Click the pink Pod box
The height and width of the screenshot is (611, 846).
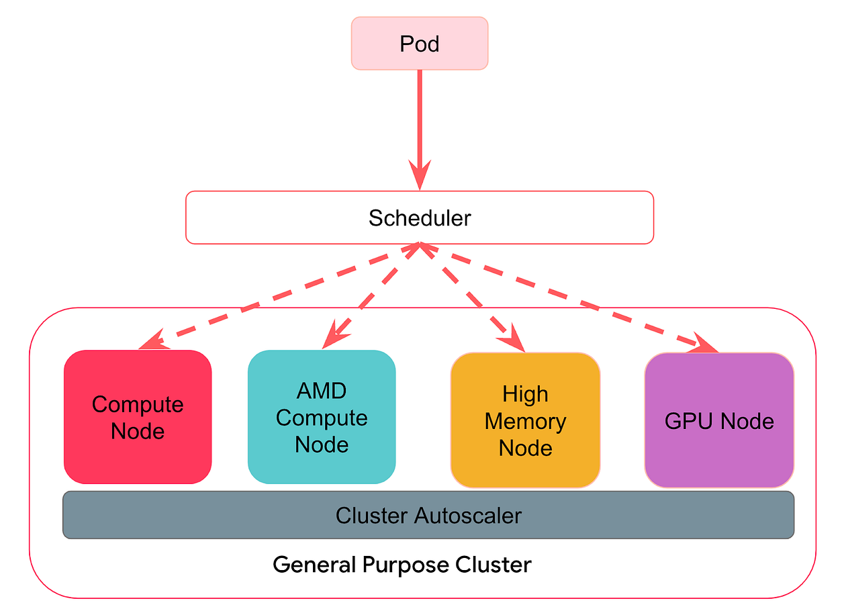coord(420,44)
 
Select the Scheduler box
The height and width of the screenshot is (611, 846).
coord(420,218)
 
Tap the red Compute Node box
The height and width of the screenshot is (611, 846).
coord(138,417)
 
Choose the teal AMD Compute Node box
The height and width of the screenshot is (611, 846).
coord(322,417)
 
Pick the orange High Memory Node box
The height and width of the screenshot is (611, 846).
coord(525,420)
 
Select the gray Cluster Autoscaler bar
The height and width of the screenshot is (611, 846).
coord(428,515)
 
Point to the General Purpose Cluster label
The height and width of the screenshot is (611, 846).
coord(402,564)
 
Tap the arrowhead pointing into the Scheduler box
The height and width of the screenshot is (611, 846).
coord(420,176)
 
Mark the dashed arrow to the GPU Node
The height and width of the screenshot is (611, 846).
coord(571,295)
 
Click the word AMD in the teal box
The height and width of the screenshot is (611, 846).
coord(322,391)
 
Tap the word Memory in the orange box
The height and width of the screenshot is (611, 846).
coord(525,422)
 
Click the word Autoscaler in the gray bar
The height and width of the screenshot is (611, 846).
coord(468,515)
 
